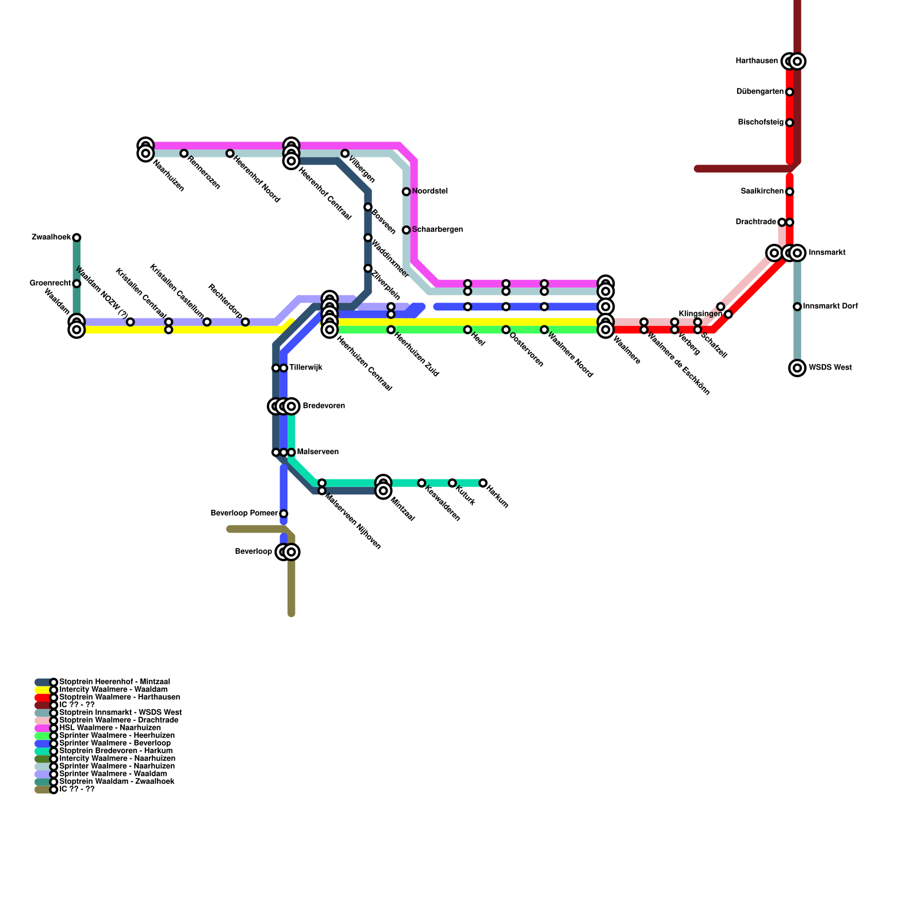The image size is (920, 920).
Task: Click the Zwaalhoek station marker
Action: (76, 237)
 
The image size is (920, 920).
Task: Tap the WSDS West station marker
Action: (797, 368)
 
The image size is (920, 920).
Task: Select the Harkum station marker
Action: (483, 483)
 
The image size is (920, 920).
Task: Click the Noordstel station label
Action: (430, 191)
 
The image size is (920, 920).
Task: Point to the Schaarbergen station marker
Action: (406, 230)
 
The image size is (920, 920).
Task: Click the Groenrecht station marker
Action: (76, 283)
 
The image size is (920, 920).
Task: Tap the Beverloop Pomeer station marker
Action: (283, 513)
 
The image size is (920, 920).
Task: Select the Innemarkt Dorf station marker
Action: (797, 306)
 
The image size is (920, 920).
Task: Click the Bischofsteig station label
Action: (760, 122)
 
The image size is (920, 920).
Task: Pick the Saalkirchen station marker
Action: (789, 191)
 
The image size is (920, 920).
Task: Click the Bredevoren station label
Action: (324, 406)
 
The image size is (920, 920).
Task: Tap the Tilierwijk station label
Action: (305, 368)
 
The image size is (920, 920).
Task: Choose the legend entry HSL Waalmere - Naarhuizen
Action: (110, 728)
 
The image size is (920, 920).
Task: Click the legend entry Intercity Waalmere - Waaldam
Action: (113, 689)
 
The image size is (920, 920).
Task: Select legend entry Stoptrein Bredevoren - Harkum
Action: (116, 751)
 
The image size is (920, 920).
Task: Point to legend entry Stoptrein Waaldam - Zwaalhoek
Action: (117, 781)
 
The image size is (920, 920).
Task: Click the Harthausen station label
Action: (757, 61)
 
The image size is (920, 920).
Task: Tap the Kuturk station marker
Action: (453, 483)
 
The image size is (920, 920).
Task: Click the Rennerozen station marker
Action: (184, 154)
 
